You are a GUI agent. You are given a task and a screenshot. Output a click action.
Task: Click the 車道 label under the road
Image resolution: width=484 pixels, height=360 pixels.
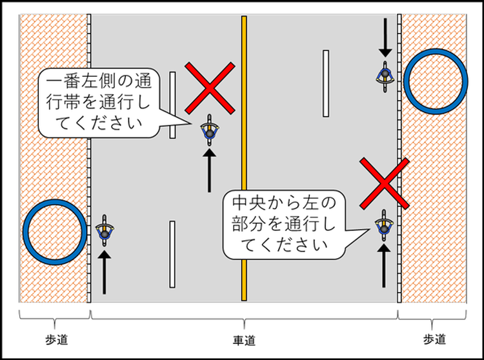244,341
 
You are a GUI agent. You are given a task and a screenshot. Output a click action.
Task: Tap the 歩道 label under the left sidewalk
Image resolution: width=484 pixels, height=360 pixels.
57,339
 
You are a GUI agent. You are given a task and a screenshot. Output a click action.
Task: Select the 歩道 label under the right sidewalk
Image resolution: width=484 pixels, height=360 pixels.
434,339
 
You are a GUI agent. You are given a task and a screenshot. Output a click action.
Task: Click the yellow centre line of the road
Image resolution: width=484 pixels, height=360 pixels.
244,158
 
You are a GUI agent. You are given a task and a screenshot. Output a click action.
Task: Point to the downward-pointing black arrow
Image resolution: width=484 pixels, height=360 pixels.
385,37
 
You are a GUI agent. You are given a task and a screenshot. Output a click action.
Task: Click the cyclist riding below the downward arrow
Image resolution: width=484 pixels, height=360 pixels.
385,77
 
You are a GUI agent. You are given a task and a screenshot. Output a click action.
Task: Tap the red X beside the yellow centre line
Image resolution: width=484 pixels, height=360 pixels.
210,88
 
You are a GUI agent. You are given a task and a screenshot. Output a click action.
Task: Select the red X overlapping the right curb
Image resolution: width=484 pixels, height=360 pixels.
385,183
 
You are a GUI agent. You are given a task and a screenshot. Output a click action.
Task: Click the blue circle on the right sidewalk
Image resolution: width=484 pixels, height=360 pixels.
436,81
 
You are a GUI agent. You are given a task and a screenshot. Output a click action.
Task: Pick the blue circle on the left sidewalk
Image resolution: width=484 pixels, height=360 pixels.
55,232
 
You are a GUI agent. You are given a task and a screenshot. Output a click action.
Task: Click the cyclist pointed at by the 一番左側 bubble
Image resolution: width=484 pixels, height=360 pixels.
210,130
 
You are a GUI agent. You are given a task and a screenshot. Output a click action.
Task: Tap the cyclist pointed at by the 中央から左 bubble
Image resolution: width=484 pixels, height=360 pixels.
384,226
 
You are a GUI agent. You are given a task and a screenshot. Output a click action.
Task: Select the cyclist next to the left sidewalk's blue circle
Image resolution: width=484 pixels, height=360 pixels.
105,230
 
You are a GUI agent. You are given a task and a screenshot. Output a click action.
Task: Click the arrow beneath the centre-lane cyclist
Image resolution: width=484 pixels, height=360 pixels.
209,170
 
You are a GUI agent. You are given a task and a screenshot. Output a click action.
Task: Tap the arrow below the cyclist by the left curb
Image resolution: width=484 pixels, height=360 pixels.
105,272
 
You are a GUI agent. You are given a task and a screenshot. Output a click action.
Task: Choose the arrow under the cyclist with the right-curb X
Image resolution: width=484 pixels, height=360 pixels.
384,265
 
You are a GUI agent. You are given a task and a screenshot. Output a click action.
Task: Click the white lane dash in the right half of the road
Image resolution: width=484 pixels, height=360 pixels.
326,84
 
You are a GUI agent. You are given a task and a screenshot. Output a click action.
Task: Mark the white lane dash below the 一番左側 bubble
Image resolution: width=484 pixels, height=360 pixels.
172,254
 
